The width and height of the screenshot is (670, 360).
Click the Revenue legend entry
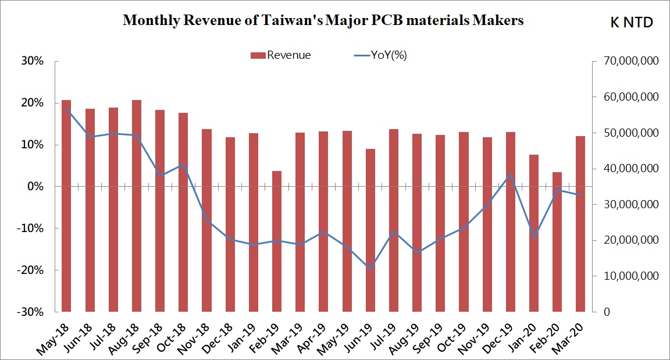click(x=281, y=55)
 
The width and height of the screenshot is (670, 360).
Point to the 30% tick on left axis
click(x=33, y=61)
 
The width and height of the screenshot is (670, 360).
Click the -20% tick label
click(x=30, y=270)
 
